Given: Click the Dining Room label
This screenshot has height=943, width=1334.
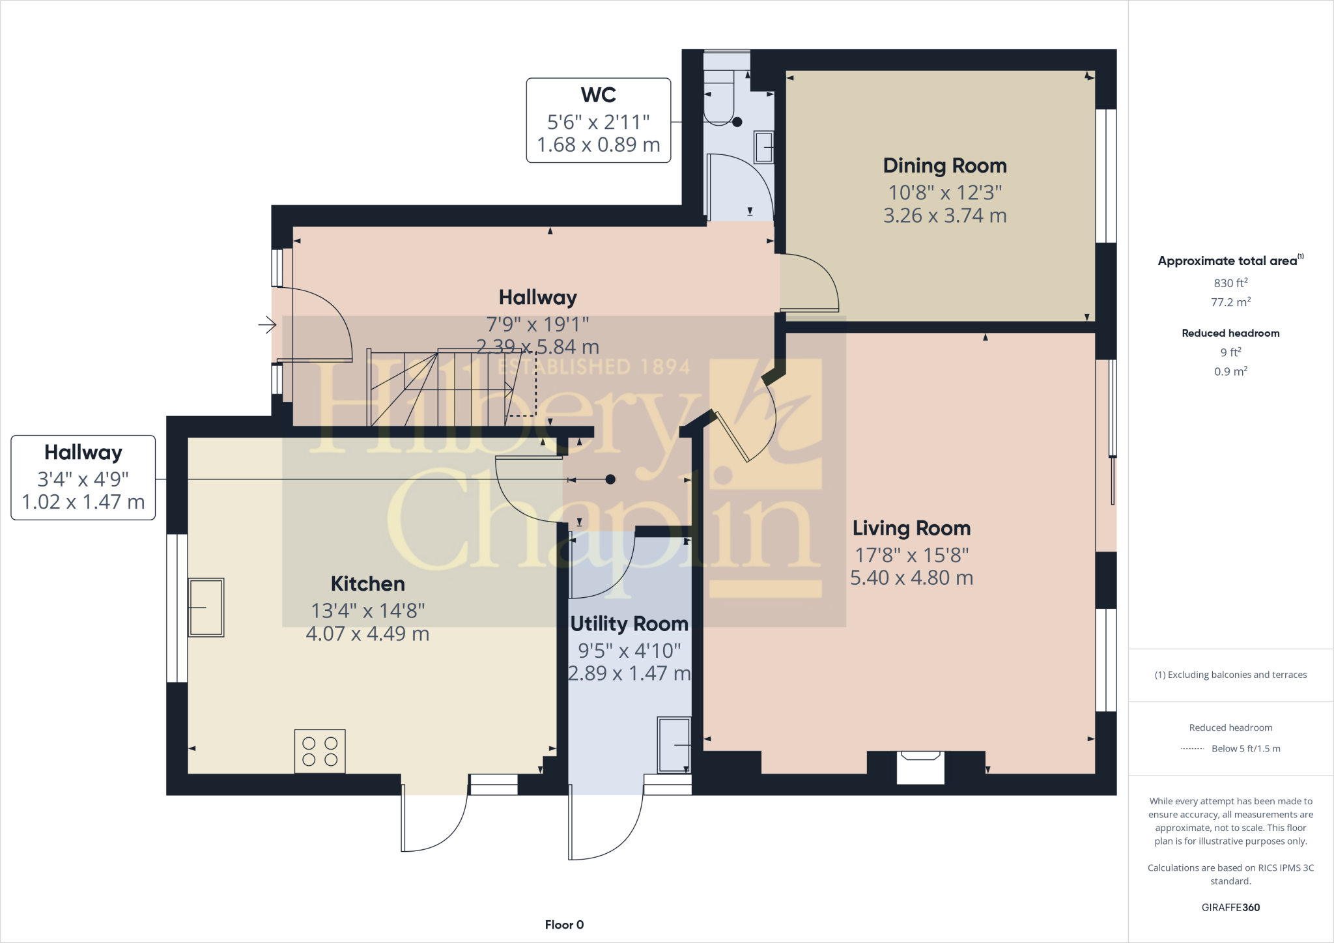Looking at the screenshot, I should coord(944,166).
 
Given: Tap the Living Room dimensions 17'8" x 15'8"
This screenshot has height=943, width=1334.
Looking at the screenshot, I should coord(911,555).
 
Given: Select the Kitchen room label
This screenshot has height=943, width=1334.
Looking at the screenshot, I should coord(367,584).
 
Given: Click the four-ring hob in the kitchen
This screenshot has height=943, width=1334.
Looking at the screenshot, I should coord(320,752).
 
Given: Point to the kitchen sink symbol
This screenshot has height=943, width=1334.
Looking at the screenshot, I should coord(206,607).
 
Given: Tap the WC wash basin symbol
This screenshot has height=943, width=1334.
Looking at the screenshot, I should coord(763,148).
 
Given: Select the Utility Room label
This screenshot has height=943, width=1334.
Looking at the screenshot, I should coord(629,624).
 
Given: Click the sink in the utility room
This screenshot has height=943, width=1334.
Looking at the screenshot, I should coord(674,745).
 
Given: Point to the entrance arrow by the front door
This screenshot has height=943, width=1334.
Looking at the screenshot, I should coord(267,324).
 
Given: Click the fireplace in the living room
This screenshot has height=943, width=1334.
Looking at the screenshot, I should coord(920,767).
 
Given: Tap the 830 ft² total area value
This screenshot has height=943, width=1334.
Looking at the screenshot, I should coord(1230,283).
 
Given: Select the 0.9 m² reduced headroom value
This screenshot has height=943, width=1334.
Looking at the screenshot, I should coord(1230,371).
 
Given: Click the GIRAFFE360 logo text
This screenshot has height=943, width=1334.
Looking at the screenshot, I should coord(1230,907).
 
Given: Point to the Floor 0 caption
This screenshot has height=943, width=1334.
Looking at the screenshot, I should coord(564,925).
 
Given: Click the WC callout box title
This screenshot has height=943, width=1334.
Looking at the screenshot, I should coord(598,95).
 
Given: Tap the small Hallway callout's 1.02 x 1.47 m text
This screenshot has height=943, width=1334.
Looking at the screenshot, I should coord(83,502).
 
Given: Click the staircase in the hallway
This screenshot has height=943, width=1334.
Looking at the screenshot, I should coord(443,388).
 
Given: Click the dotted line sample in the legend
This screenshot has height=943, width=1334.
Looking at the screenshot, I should coord(1192,749).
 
